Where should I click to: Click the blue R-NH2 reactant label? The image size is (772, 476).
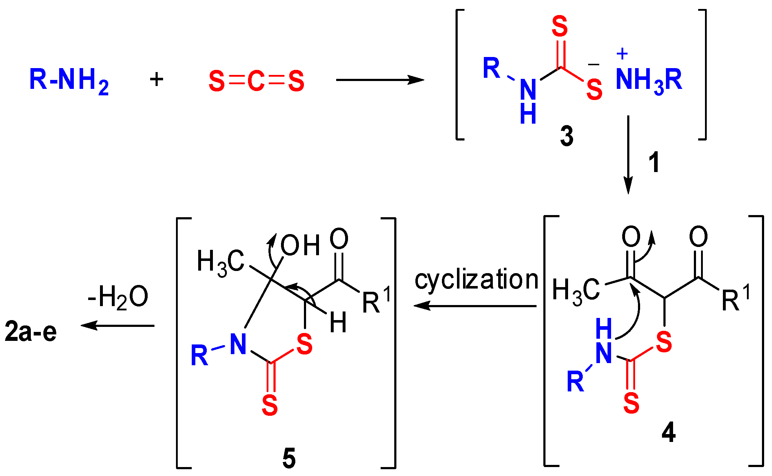68,81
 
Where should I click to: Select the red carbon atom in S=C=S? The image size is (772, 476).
256,81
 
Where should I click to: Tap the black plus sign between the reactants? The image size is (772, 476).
157,79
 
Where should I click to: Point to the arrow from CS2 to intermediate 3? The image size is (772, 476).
380,80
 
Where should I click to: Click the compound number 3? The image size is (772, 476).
567,137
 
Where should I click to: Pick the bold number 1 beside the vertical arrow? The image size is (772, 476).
654,162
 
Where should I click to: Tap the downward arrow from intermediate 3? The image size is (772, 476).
628,154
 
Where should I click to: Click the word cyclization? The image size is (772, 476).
477,280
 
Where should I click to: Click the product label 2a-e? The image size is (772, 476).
31,332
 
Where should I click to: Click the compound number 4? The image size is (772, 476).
669,433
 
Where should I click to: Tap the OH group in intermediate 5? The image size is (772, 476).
300,246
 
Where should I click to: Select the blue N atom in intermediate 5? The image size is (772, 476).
238,344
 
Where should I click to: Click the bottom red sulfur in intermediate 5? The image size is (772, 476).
270,406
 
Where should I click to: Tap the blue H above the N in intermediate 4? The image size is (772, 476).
604,329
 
